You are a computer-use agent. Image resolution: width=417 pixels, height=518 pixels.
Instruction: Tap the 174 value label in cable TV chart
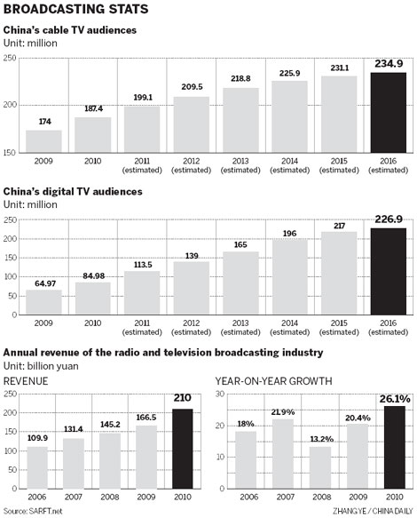(43, 121)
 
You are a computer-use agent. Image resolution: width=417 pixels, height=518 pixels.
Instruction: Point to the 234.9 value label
(388, 63)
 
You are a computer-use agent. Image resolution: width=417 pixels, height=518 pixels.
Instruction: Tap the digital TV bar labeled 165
(240, 278)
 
